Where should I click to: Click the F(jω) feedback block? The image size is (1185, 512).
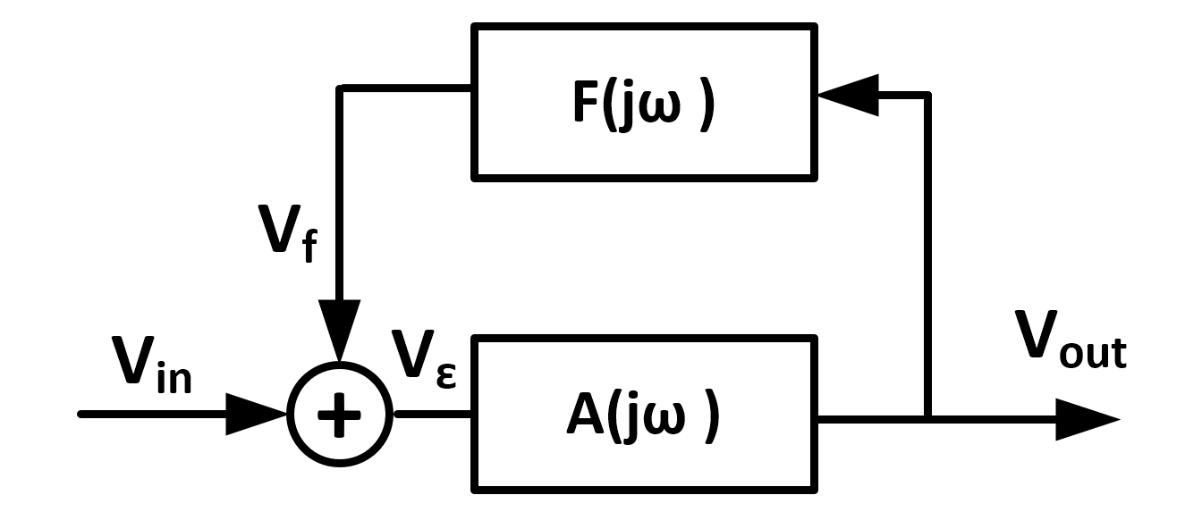pyautogui.click(x=644, y=102)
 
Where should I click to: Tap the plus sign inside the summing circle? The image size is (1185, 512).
pyautogui.click(x=340, y=416)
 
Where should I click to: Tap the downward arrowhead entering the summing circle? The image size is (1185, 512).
pyautogui.click(x=340, y=331)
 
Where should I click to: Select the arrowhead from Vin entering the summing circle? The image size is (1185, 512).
pyautogui.click(x=255, y=415)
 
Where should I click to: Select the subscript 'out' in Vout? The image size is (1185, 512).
pyautogui.click(x=1092, y=356)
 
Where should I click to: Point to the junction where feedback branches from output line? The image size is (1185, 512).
pyautogui.click(x=928, y=418)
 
